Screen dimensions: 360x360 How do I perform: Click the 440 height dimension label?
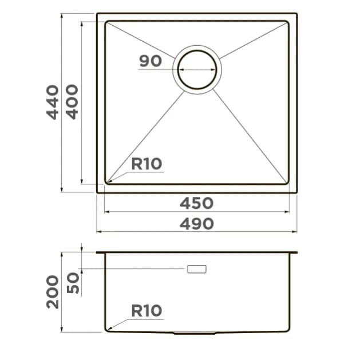[53, 102]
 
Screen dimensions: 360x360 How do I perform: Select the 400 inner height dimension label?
[72, 102]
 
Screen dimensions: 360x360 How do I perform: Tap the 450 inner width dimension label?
[196, 203]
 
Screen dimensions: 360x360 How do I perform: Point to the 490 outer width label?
[197, 224]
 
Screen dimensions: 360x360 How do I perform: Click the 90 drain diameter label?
[151, 61]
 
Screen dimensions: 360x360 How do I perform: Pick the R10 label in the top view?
[147, 164]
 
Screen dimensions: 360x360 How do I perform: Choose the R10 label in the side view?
[147, 311]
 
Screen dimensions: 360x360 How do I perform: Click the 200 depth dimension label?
[53, 292]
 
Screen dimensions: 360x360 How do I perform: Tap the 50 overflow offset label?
[73, 283]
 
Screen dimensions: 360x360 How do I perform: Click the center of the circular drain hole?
[197, 70]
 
